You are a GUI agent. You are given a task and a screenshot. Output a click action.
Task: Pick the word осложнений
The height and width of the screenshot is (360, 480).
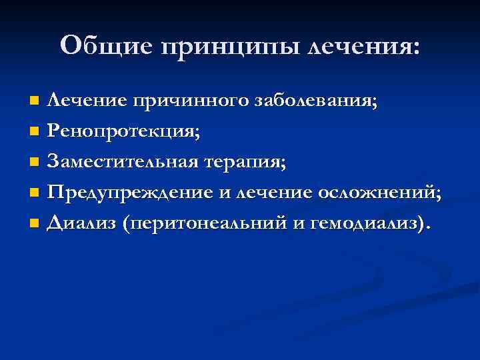tap(380, 194)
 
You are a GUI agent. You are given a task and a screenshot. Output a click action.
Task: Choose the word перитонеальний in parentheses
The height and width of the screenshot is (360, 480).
tap(204, 225)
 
